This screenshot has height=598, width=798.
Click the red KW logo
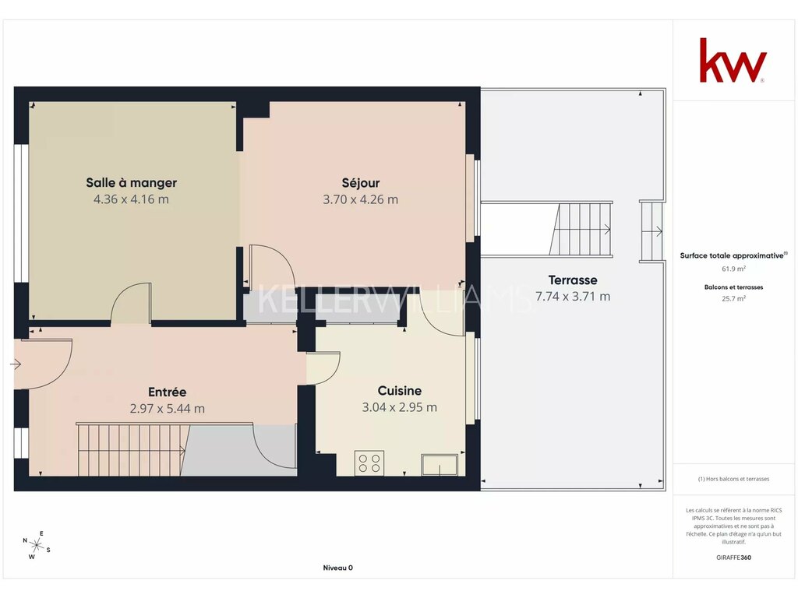(x=733, y=60)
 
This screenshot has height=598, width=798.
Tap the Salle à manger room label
(x=131, y=182)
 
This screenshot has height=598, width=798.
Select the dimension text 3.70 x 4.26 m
(x=360, y=199)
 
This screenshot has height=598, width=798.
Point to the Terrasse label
(x=573, y=280)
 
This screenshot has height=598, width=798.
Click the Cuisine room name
(x=400, y=391)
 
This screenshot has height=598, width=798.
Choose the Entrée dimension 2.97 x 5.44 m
(x=168, y=408)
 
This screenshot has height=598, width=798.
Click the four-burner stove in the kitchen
(x=369, y=463)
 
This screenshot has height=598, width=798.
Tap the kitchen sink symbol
(x=440, y=465)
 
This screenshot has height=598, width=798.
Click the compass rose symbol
(x=37, y=546)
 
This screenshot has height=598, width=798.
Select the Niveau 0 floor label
(x=338, y=568)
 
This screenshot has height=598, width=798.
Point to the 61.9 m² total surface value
(x=733, y=269)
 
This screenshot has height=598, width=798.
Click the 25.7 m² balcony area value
(x=733, y=298)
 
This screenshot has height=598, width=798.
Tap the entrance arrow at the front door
(x=16, y=364)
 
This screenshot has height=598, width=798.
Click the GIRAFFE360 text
(x=733, y=558)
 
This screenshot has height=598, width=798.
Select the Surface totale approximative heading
(x=733, y=255)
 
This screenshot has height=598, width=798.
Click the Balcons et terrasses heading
(x=733, y=287)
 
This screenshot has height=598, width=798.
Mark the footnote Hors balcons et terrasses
(x=733, y=479)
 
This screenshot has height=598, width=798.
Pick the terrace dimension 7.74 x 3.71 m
(x=573, y=297)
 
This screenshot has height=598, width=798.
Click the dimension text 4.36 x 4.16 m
(x=131, y=199)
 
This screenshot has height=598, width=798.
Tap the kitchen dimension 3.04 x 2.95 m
(x=400, y=407)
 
